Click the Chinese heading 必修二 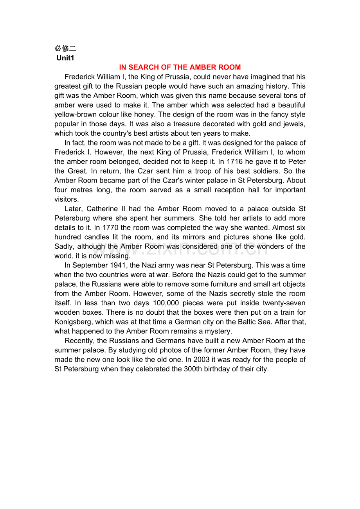tap(65, 48)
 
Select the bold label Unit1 tap(65, 58)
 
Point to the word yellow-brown tap(76, 115)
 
